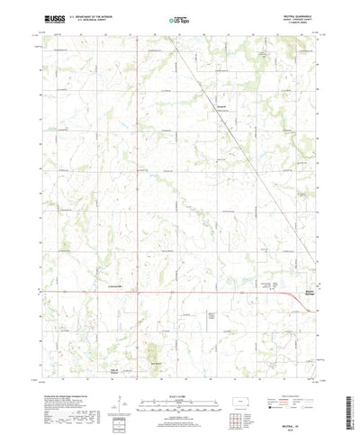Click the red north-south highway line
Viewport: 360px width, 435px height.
(138, 180)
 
